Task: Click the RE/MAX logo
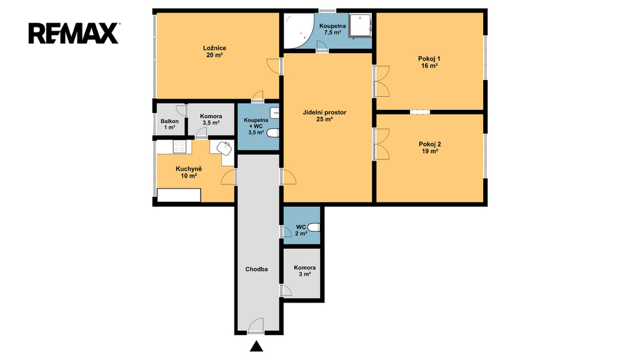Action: point(74,34)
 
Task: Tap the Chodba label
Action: point(257,269)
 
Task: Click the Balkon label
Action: point(169,121)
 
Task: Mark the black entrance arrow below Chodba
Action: point(256,346)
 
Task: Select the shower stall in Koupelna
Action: point(361,26)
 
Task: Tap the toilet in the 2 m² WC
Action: point(314,227)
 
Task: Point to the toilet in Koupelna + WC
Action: point(273,132)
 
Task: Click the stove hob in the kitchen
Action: point(179,146)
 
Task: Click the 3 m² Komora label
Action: point(304,271)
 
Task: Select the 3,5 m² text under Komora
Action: point(211,122)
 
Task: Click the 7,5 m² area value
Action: point(332,32)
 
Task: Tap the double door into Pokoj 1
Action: point(381,82)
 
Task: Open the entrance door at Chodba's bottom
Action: point(256,325)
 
